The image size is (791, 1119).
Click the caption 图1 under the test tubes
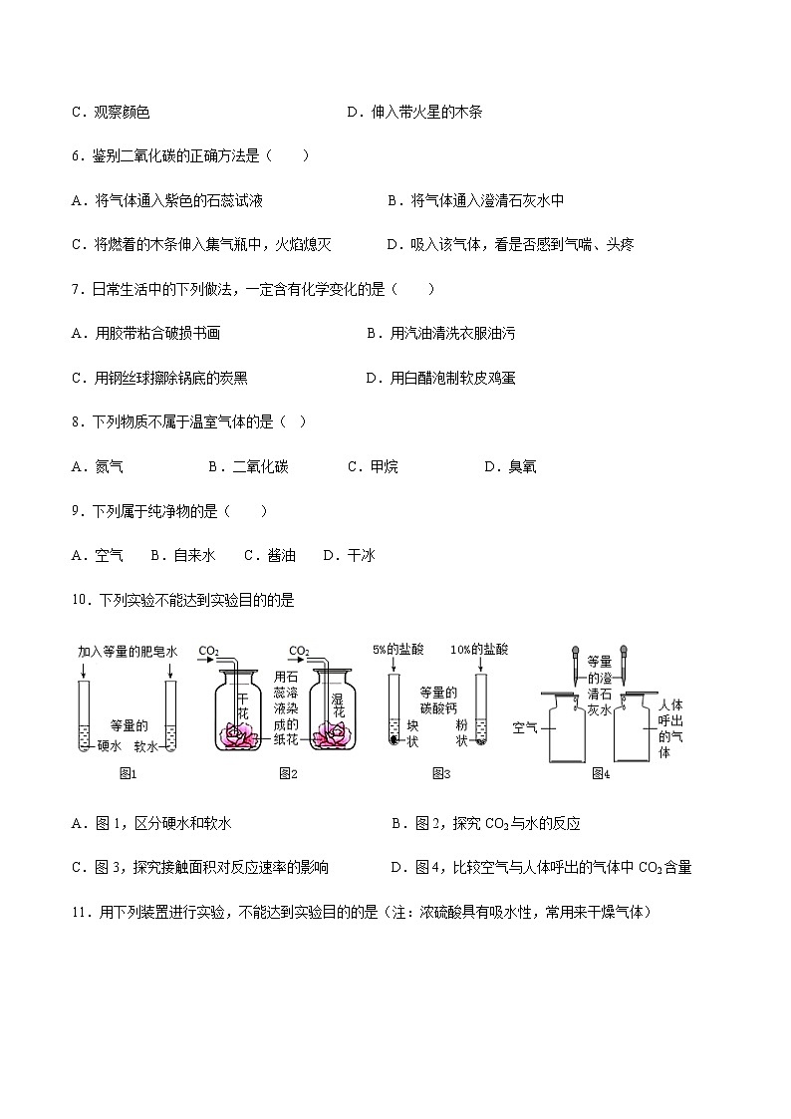[128, 773]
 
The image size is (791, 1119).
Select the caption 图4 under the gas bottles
[600, 773]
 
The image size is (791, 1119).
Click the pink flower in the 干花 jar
[239, 734]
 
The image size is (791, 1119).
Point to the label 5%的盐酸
[397, 649]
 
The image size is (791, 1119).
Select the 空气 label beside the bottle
[525, 727]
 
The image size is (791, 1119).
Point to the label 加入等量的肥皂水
[127, 651]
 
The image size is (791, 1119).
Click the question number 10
[81, 600]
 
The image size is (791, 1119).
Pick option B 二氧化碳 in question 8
[248, 466]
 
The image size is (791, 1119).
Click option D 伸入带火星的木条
[414, 113]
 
